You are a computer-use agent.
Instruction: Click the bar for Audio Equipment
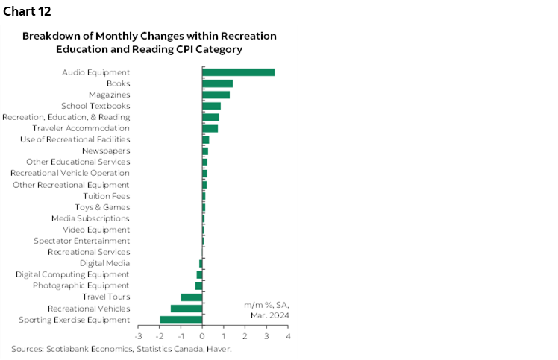tap(239, 72)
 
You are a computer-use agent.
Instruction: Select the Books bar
tap(218, 83)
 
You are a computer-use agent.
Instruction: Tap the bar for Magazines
tap(216, 95)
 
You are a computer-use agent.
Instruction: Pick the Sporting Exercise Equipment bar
tap(181, 320)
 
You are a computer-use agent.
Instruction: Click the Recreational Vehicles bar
tap(186, 309)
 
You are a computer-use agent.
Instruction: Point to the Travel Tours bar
tap(192, 297)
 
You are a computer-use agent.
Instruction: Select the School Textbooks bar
tap(212, 106)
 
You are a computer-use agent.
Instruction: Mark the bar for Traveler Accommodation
tap(210, 128)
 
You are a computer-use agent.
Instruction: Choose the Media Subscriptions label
tap(90, 218)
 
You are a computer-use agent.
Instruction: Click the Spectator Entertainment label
tap(82, 241)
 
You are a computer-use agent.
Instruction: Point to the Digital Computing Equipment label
tap(72, 274)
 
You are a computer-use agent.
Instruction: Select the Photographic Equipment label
tap(81, 285)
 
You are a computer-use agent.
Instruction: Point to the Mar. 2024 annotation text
tap(269, 315)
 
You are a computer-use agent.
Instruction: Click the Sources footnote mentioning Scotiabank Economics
tap(121, 349)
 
